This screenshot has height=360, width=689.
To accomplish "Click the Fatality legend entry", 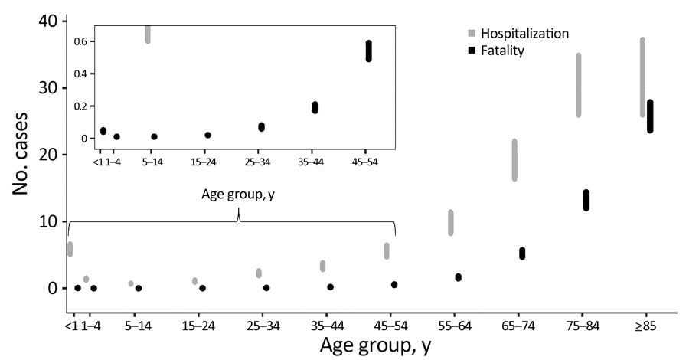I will [x=502, y=51].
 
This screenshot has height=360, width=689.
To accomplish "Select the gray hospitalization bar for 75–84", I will [x=579, y=85].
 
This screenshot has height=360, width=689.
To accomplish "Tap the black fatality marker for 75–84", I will [x=586, y=200].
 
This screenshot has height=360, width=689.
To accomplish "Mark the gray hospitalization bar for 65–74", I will [x=514, y=160].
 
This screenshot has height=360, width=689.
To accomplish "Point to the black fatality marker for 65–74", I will [x=522, y=254].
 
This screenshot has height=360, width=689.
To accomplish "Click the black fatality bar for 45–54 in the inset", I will [x=368, y=51].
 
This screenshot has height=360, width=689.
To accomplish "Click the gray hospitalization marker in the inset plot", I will [x=148, y=34].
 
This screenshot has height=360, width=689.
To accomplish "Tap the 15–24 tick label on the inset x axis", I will [x=207, y=162].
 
